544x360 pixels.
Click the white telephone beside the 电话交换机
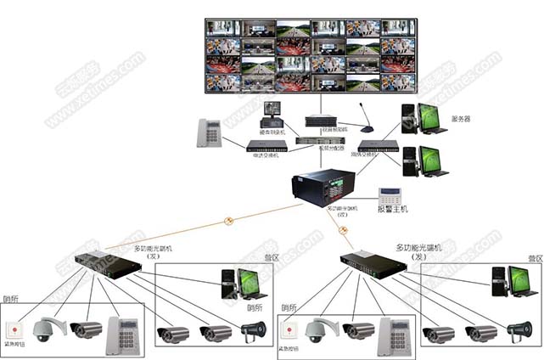209,133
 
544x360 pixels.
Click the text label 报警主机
393,209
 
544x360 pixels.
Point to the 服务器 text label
461,120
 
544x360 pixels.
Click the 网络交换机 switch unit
378,146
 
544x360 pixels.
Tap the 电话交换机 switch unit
266,146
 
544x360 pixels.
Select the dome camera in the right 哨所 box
317,330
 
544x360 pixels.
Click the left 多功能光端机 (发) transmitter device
106,264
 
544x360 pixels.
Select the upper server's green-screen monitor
433,117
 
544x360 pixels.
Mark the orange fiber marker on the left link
227,222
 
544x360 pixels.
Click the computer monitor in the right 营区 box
522,281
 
